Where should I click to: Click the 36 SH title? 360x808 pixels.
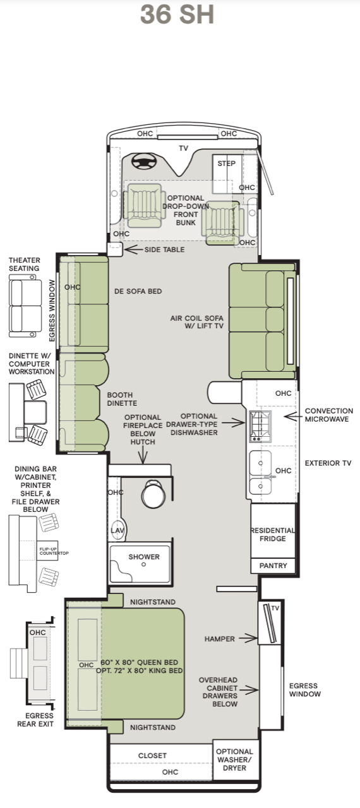pyautogui.click(x=177, y=15)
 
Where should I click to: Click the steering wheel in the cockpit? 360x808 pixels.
pyautogui.click(x=144, y=160)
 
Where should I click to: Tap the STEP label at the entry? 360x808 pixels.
pyautogui.click(x=227, y=163)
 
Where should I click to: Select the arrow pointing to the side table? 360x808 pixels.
pyautogui.click(x=133, y=249)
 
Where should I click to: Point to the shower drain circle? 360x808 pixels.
pyautogui.click(x=143, y=564)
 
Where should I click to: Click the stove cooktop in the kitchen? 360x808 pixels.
pyautogui.click(x=260, y=426)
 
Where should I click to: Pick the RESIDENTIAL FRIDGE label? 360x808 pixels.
pyautogui.click(x=273, y=535)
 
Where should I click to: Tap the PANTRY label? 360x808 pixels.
pyautogui.click(x=273, y=566)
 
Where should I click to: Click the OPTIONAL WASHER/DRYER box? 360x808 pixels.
pyautogui.click(x=236, y=759)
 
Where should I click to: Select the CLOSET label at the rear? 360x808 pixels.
pyautogui.click(x=152, y=756)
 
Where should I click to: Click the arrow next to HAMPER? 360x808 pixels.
pyautogui.click(x=248, y=638)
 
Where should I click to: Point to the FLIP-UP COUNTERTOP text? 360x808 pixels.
pyautogui.click(x=54, y=551)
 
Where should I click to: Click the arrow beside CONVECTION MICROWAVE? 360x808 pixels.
pyautogui.click(x=293, y=416)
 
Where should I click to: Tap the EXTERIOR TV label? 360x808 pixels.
pyautogui.click(x=328, y=463)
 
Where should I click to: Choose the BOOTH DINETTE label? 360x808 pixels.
pyautogui.click(x=122, y=399)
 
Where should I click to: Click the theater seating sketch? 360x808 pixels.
pyautogui.click(x=25, y=306)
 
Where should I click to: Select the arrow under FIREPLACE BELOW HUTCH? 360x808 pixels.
pyautogui.click(x=143, y=455)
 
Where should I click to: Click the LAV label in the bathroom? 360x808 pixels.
pyautogui.click(x=117, y=530)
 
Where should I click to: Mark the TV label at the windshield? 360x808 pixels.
pyautogui.click(x=183, y=148)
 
